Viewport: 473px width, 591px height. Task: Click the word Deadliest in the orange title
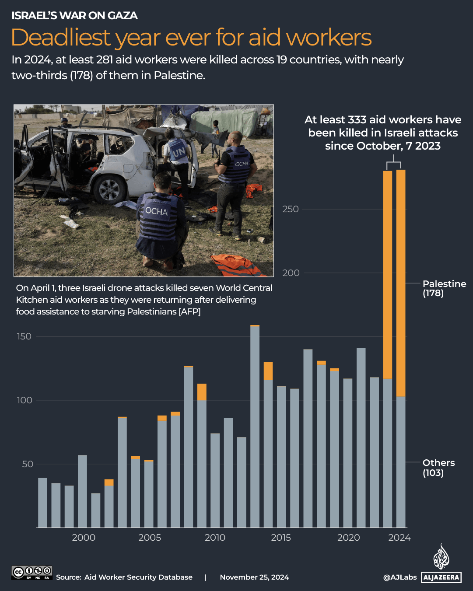pyautogui.click(x=61, y=38)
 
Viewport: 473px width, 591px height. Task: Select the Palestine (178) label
pyautogui.click(x=444, y=288)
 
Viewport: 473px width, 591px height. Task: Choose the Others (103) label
pyautogui.click(x=438, y=468)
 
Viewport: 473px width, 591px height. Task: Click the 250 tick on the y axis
pyautogui.click(x=291, y=209)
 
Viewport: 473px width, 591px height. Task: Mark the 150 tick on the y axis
pyautogui.click(x=24, y=336)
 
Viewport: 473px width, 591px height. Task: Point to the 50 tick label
pyautogui.click(x=28, y=464)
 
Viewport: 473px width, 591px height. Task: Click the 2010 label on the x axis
pyautogui.click(x=215, y=538)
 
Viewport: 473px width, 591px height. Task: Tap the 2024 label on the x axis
pyautogui.click(x=399, y=538)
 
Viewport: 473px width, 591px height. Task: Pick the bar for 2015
pyautogui.click(x=281, y=457)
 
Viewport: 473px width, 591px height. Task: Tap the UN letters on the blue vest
pyautogui.click(x=178, y=152)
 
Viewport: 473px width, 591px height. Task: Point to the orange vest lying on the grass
pyautogui.click(x=238, y=265)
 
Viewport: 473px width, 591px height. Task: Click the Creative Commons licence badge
pyautogui.click(x=32, y=573)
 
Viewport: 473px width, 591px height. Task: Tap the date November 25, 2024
pyautogui.click(x=254, y=577)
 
